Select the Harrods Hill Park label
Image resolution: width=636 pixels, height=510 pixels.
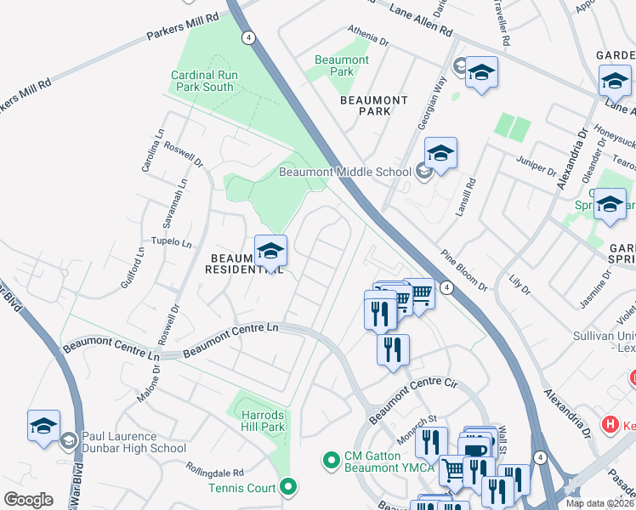[261, 422]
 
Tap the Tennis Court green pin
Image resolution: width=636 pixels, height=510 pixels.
[288, 487]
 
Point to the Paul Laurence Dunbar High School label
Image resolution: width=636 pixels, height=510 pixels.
[134, 443]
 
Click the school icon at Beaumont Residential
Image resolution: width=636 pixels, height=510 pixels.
[271, 252]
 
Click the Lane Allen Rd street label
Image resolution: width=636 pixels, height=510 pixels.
[420, 19]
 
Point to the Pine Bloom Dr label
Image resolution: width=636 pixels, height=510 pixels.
[463, 270]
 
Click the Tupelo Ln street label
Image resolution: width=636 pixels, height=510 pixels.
[171, 242]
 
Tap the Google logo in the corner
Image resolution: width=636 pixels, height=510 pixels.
[29, 499]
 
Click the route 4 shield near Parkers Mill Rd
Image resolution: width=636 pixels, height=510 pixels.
[247, 37]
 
